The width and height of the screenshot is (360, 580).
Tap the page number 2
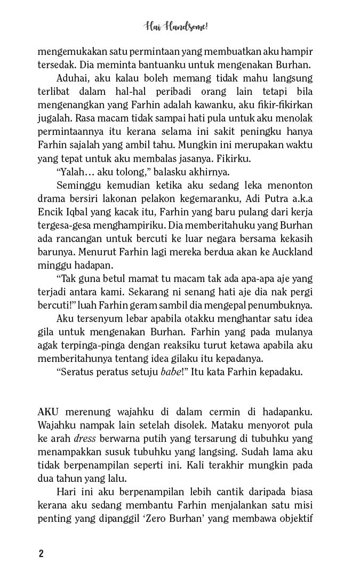click(x=41, y=552)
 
